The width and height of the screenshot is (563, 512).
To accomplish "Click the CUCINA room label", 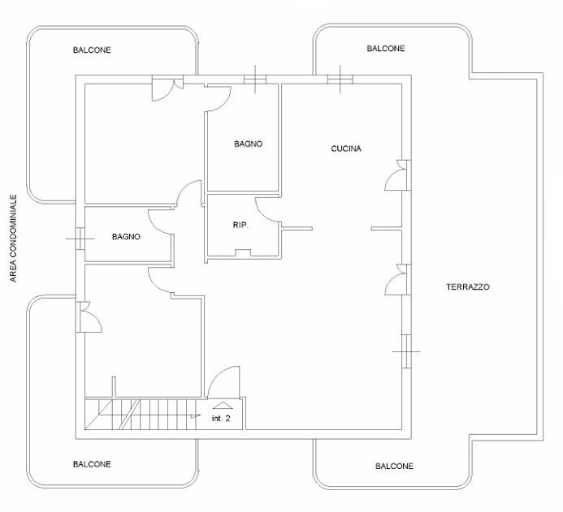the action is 346,148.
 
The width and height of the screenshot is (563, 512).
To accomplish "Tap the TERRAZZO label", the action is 468,287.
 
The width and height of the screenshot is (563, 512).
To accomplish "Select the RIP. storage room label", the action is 240,225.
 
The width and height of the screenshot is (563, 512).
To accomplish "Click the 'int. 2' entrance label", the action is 221,418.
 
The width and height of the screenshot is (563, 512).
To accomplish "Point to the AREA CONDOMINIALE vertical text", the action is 13,238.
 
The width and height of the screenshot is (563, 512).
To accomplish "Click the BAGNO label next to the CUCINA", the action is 248,144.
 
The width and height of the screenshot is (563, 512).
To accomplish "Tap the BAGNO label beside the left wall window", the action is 126,237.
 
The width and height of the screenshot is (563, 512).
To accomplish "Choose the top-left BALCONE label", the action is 92,49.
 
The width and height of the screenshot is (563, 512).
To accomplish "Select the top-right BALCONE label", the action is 386,49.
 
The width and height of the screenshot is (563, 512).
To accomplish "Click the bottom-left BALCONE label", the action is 92,464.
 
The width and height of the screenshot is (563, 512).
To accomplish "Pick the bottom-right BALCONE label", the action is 394,466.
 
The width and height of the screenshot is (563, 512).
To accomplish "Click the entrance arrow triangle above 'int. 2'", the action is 223,406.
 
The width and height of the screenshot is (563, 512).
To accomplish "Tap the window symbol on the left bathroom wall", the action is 80,239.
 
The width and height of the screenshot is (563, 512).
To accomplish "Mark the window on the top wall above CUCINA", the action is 340,80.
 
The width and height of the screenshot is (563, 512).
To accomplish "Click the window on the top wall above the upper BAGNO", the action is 255,80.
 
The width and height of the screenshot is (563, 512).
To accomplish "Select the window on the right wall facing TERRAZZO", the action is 406,351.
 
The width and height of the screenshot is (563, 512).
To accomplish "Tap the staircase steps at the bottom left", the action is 142,413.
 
